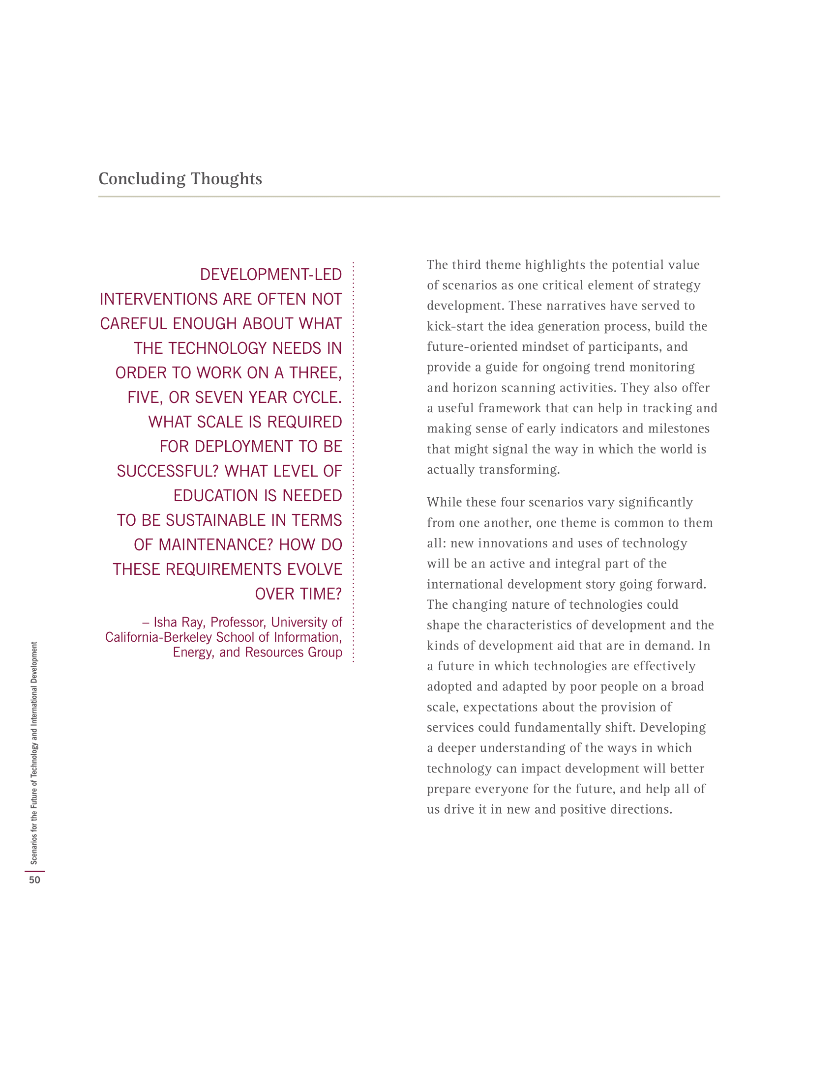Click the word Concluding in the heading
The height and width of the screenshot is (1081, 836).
pos(142,179)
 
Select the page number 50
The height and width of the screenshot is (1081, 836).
pos(34,880)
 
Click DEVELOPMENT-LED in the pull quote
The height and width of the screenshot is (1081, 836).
pos(270,275)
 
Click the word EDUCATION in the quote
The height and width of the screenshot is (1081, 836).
pos(216,496)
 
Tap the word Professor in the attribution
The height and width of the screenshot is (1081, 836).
pos(238,622)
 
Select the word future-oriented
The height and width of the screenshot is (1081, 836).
pos(473,347)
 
